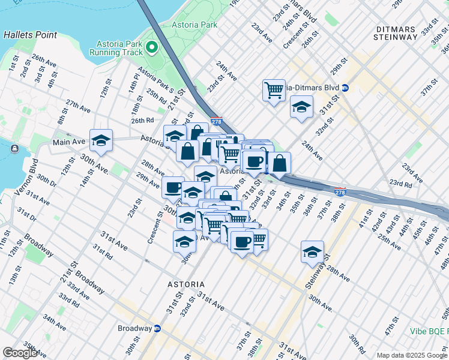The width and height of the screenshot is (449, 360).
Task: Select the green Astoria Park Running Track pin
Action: tap(152, 47)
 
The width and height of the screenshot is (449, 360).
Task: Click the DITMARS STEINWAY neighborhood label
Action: tap(395, 33)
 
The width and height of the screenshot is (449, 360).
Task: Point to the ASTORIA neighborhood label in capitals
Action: tap(185, 284)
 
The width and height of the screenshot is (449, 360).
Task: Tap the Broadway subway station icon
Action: tap(157, 328)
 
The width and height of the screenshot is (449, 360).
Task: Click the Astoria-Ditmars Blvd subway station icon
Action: tap(346, 88)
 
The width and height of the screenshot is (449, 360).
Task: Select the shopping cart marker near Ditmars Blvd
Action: tap(274, 91)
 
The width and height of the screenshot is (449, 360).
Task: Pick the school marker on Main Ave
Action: tap(101, 141)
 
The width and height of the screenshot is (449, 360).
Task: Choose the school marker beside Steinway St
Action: tap(312, 252)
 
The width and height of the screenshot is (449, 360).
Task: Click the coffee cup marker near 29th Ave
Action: tap(173, 187)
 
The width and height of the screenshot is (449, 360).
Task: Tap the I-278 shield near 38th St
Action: tap(340, 191)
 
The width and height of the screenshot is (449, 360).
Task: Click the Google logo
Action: tap(20, 353)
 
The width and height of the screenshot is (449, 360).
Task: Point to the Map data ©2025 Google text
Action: tap(411, 355)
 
